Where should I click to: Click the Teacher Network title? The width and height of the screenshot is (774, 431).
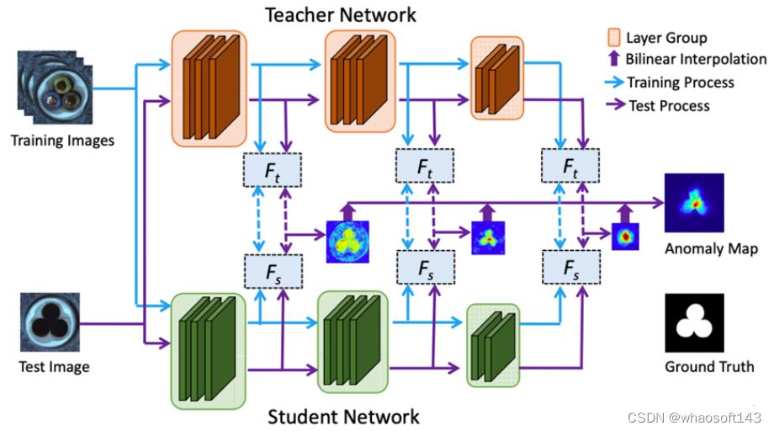tap(341, 14)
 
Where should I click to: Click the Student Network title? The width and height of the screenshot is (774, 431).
tap(342, 416)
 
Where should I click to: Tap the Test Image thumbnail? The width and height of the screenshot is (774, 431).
tap(51, 322)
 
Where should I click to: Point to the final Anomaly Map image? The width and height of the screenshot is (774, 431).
tap(694, 203)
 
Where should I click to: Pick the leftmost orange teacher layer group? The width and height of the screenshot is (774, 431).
tap(209, 87)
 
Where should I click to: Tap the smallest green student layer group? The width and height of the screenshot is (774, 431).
tap(493, 343)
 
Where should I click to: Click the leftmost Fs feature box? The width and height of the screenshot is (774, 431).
tap(272, 271)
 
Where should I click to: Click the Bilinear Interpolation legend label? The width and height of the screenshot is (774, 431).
tap(696, 60)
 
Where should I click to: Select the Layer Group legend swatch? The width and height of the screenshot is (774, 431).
tap(613, 37)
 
